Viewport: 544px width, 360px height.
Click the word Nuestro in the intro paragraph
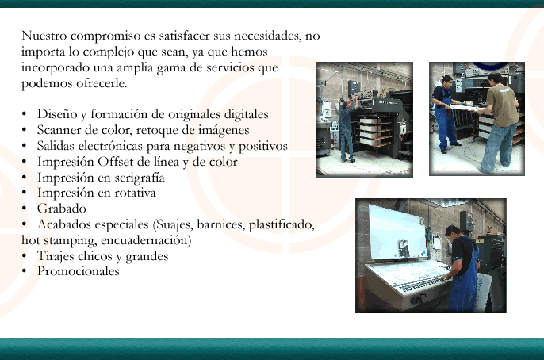tap(44, 36)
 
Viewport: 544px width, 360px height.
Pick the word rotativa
tap(135, 193)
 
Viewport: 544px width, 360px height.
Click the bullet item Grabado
tap(62, 209)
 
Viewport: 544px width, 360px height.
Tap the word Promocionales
tap(79, 271)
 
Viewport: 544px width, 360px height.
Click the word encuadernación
tap(146, 240)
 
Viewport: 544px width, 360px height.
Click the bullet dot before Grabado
tap(24, 209)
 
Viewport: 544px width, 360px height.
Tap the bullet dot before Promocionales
tap(24, 271)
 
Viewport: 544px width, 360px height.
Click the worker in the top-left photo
tap(347, 129)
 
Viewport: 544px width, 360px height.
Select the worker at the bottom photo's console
tap(462, 268)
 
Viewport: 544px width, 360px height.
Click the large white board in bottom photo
tap(397, 232)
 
